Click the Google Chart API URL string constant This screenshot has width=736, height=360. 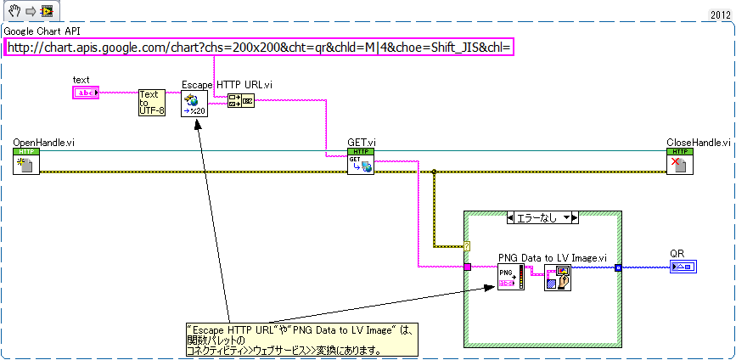260,48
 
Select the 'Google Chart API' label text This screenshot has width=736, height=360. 42,31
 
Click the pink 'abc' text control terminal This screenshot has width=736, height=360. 86,92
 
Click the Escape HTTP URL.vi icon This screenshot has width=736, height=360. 194,104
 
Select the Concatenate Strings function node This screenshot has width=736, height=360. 239,101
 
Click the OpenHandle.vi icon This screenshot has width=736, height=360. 26,161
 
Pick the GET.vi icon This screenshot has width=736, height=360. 361,161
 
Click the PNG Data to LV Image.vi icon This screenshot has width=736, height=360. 510,277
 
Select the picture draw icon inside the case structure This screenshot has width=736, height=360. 557,277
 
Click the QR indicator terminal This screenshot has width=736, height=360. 683,267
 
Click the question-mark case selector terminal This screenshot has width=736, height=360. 467,245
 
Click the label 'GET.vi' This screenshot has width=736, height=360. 362,142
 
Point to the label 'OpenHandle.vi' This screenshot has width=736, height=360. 43,142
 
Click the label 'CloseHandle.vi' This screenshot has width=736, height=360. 698,142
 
